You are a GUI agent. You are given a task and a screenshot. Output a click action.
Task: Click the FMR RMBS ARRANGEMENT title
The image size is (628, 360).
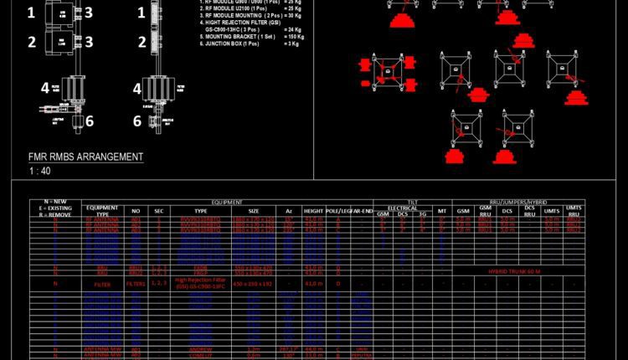point(85,157)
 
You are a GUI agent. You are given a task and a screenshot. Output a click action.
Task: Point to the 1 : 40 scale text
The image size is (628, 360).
point(39,171)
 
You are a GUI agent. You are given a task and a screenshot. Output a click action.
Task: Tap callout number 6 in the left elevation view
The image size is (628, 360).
point(90,121)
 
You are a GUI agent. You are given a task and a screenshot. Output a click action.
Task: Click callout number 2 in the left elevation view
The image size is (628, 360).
point(31,42)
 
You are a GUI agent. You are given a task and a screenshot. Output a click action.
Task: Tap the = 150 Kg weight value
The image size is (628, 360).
point(295,37)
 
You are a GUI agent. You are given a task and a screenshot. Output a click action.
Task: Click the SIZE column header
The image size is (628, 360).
point(254,212)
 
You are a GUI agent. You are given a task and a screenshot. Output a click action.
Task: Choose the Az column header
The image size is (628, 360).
point(289,212)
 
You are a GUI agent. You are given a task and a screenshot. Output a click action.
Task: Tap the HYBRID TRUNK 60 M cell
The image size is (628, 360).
point(514,272)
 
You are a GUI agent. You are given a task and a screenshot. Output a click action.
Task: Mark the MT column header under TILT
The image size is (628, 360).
point(442,212)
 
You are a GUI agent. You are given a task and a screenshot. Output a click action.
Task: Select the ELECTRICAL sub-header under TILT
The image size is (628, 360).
point(402,208)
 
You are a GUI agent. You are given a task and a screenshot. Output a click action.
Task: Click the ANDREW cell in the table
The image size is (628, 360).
point(201,348)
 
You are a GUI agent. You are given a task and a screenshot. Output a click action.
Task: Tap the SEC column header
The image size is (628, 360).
point(159,212)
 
